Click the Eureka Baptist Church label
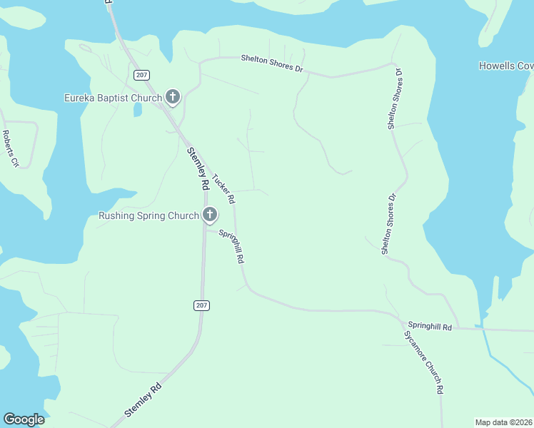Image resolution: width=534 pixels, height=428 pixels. coord(113,97)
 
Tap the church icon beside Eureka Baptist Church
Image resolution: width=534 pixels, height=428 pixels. coord(172,96)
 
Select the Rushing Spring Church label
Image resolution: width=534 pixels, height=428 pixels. coord(148,215)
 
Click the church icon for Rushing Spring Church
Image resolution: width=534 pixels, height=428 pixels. coord(209,214)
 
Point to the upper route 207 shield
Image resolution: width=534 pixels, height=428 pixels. coord(140,74)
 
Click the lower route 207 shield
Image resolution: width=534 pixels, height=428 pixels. coord(201,305)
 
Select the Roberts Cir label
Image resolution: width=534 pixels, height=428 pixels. coord(10,148)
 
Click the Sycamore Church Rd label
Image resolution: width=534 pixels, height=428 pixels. coord(423,362)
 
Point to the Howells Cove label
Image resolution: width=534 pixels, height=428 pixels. coord(506,66)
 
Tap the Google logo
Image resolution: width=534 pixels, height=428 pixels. coord(24,419)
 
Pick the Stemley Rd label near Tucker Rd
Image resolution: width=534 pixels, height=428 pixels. coord(197,168)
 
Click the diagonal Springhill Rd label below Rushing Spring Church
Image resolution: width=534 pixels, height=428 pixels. coord(231,245)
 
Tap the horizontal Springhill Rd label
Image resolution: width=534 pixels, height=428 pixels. coord(431,327)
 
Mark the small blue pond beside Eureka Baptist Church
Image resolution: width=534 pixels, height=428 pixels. coord(137,109)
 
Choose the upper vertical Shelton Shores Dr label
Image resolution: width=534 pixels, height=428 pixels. coord(394,99)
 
